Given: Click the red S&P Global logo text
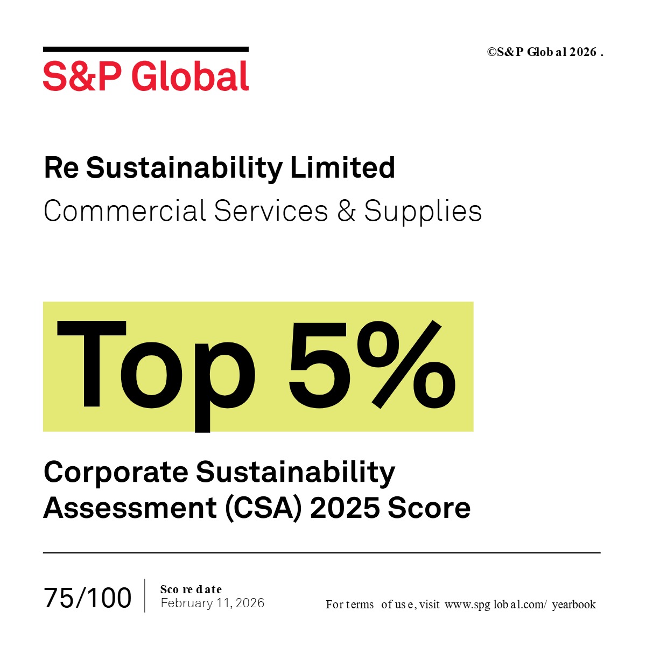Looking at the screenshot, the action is click(146, 76).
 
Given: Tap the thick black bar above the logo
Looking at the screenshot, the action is click(146, 50).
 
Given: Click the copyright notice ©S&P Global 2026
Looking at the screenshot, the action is click(545, 52).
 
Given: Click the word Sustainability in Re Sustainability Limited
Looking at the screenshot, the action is click(185, 169).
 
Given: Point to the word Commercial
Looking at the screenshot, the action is click(125, 210).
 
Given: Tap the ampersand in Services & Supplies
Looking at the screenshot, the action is click(346, 210).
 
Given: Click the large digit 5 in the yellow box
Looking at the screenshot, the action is click(318, 365).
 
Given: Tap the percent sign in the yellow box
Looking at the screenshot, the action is click(406, 364).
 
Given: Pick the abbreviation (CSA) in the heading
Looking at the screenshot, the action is click(264, 509).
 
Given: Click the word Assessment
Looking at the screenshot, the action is click(130, 508).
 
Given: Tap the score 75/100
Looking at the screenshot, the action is click(88, 598).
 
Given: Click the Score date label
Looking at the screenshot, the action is click(191, 589).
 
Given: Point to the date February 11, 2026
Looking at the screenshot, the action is click(213, 603).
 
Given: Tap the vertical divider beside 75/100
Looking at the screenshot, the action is click(145, 596).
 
